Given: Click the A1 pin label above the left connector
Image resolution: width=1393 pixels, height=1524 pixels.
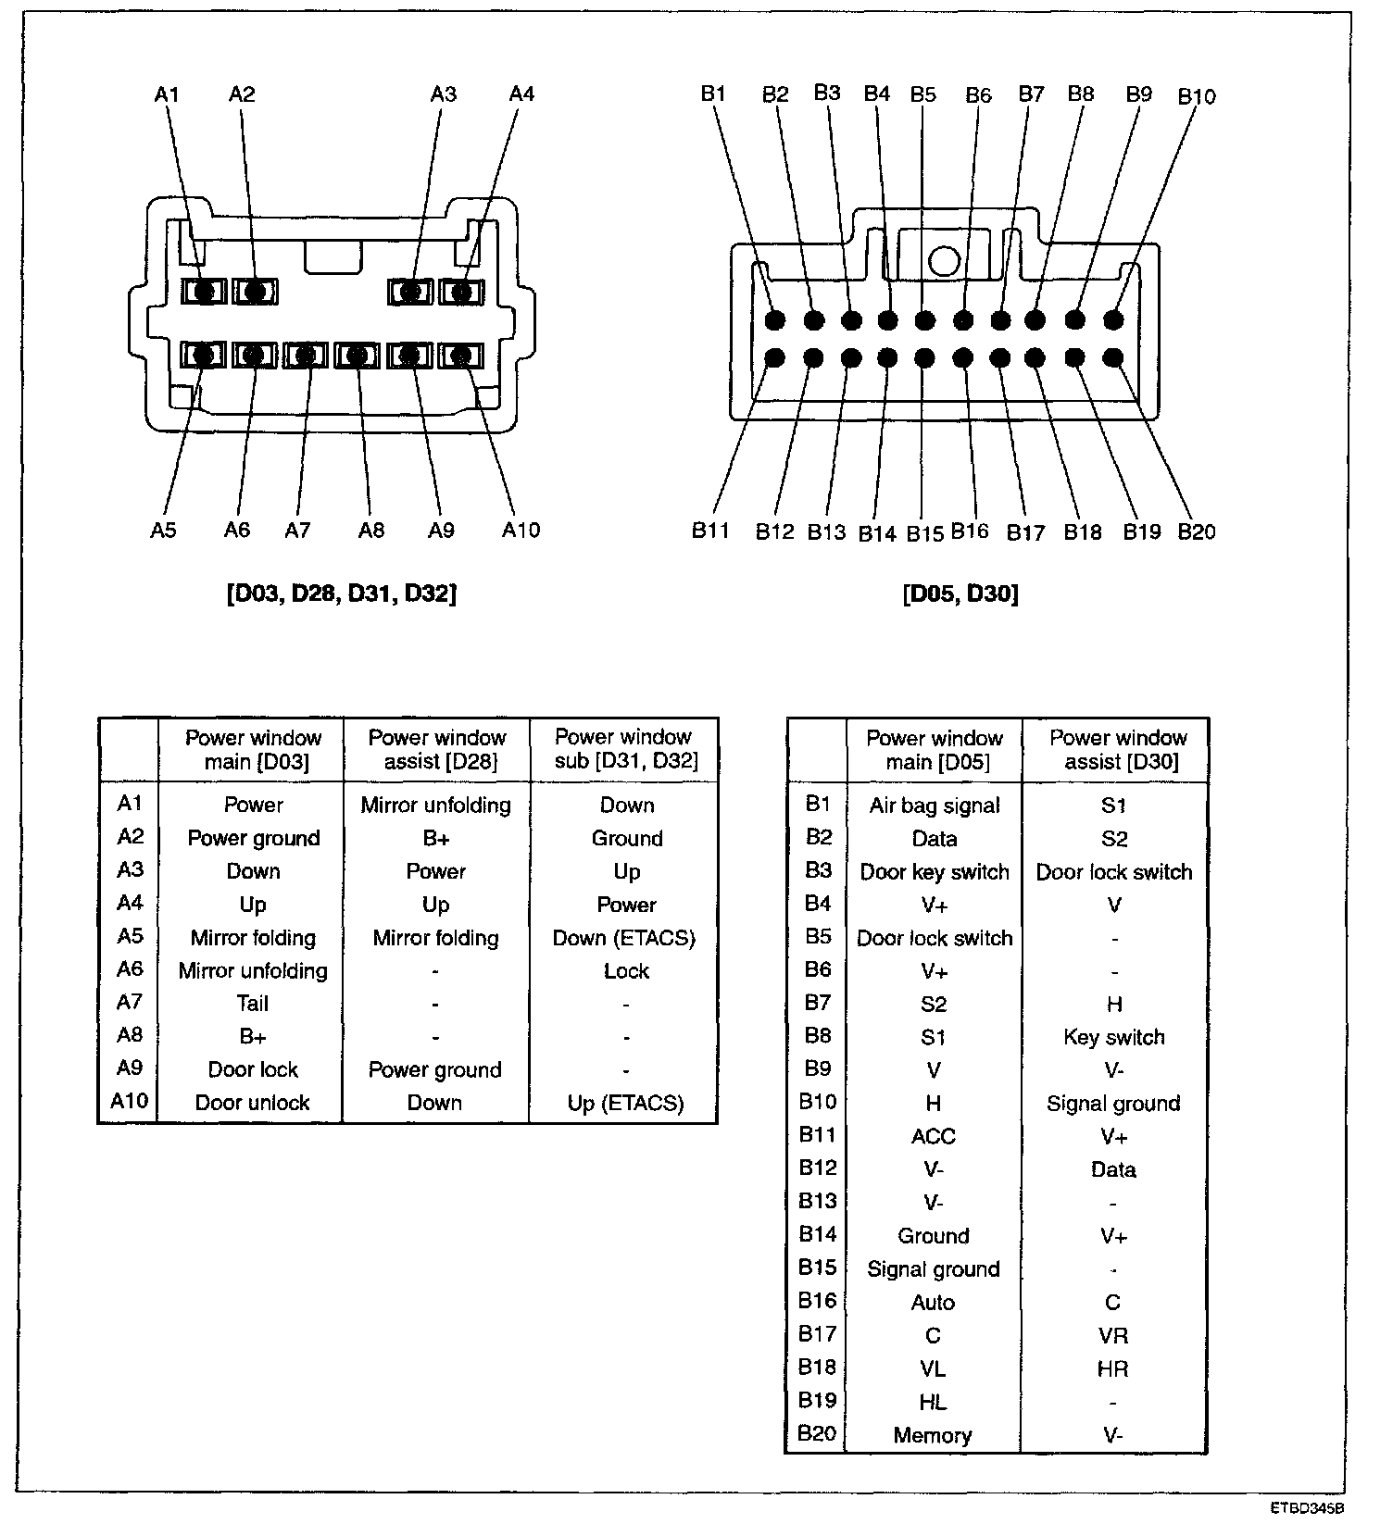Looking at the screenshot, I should (167, 94).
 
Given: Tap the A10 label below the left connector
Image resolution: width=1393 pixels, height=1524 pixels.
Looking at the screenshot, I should (521, 530).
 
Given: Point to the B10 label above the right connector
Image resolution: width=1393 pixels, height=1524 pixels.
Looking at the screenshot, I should (1196, 96).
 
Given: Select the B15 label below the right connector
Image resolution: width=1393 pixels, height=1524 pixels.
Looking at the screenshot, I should (924, 533).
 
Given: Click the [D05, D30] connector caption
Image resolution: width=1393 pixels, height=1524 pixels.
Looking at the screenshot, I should (960, 593).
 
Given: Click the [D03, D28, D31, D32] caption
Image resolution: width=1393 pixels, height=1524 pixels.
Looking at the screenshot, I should (341, 593).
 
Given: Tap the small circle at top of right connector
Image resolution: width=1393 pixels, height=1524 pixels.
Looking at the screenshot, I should (943, 261).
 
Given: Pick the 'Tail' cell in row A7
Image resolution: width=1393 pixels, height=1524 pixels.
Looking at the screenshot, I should (252, 1004).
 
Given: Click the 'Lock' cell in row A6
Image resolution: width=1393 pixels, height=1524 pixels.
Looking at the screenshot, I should (626, 971).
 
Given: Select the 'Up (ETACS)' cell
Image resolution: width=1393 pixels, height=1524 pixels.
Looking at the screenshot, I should (625, 1104).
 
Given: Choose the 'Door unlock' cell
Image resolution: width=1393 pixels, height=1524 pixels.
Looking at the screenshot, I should (252, 1104).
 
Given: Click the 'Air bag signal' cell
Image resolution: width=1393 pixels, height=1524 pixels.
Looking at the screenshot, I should (934, 806).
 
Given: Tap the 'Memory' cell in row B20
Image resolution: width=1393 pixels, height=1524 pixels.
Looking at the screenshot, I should (933, 1436).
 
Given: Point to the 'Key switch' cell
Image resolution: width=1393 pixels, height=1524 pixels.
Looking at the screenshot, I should (1113, 1037).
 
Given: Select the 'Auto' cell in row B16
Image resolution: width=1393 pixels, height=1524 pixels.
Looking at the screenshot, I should (933, 1303).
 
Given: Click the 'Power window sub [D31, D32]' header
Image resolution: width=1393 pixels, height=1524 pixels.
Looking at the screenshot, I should (623, 749).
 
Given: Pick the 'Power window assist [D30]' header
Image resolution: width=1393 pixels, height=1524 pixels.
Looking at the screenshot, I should (1118, 750).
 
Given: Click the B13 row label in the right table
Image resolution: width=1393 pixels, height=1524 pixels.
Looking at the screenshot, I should (817, 1201).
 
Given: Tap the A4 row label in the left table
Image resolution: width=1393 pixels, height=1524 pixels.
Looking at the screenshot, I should (130, 903).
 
